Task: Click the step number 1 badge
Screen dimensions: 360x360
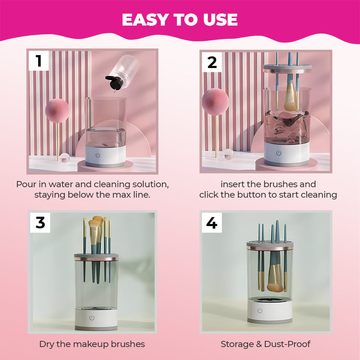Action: click(39, 61)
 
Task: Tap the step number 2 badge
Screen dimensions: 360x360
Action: click(212, 62)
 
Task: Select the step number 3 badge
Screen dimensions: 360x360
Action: click(40, 222)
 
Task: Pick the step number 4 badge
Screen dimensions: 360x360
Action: click(212, 223)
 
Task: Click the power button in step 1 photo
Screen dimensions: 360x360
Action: click(98, 156)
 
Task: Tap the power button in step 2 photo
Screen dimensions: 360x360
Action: click(278, 153)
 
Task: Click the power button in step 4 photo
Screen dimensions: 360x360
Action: click(260, 310)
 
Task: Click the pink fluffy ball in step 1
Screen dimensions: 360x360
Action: click(57, 111)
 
